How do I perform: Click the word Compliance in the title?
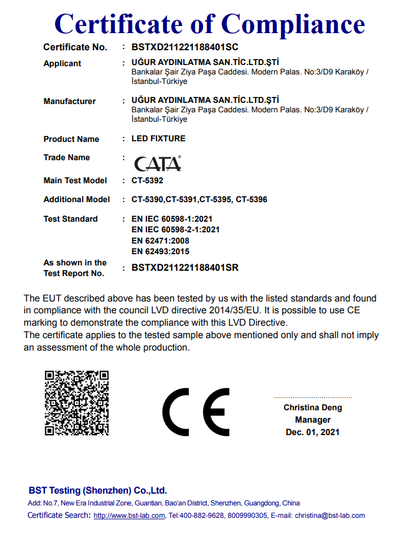pos(293,24)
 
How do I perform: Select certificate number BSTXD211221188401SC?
pos(185,47)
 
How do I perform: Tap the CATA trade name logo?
pos(158,163)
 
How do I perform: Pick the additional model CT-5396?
pos(252,199)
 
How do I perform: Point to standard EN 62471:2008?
pos(160,241)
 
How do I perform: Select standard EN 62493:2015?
pos(160,251)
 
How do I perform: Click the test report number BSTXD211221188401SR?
pos(185,268)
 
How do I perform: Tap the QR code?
pos(77,402)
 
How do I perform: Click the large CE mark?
pos(197,412)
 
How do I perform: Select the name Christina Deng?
pos(312,407)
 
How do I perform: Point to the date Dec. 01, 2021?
pos(312,432)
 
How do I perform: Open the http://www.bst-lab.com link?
pos(129,515)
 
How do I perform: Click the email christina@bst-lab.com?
pos(330,515)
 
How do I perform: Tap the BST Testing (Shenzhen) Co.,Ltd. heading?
pos(98,490)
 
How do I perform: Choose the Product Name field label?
pos(71,139)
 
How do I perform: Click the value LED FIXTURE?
pos(158,138)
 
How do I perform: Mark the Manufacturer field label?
pos(70,101)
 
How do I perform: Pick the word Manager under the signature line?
pos(313,420)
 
